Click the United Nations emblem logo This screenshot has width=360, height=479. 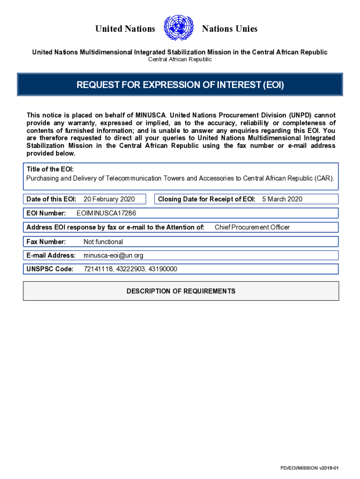point(179,28)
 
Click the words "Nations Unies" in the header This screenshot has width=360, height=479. point(230,29)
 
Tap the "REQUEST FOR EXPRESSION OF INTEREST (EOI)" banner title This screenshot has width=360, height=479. point(180,85)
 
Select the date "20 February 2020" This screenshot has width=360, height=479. point(109,199)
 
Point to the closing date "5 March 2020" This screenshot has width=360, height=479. point(282,199)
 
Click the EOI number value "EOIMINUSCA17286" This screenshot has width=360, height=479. point(106,213)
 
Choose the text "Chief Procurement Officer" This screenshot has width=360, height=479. point(252,227)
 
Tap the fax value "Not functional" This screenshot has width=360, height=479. point(103,242)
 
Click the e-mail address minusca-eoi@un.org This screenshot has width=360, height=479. point(113,255)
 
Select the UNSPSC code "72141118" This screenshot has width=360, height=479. point(98,269)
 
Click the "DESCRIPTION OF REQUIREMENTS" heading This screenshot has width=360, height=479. point(181,291)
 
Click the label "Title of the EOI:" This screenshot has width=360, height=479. point(50,169)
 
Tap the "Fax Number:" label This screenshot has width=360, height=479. point(46,242)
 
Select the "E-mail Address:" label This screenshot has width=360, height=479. point(51,255)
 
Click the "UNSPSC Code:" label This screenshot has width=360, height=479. point(50,269)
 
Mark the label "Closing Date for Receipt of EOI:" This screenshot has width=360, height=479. point(207,199)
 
